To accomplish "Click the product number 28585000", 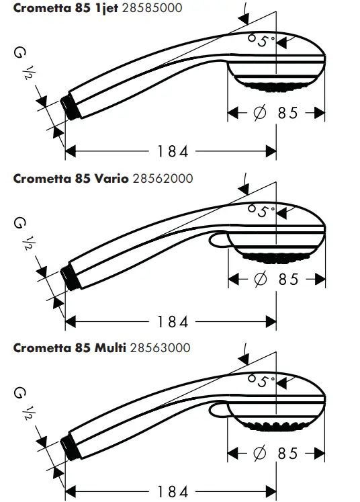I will click(153, 9).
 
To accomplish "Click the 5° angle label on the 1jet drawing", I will click(261, 41).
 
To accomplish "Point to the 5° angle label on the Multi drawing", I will click(261, 381).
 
